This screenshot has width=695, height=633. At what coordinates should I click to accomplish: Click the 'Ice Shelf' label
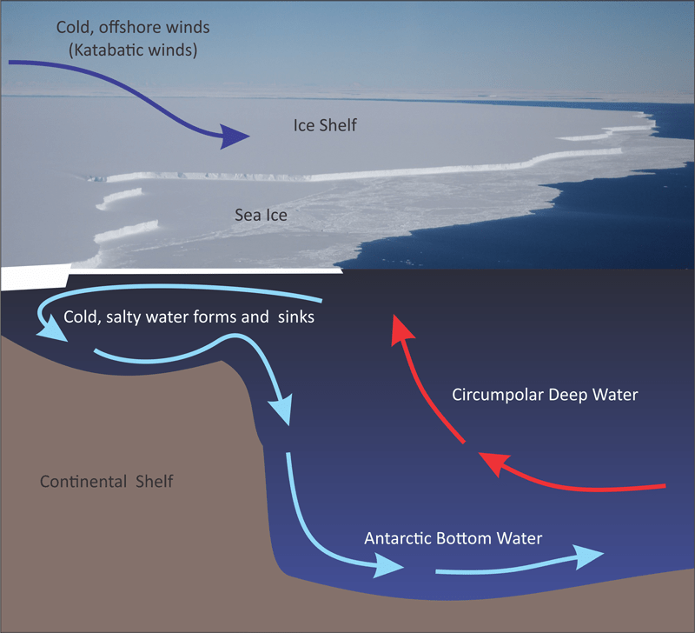325,127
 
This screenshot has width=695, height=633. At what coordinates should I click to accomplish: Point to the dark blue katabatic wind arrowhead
234,136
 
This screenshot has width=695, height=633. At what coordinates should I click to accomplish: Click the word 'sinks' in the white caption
295,317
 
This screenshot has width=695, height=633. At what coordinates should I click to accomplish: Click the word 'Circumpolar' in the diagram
498,395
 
